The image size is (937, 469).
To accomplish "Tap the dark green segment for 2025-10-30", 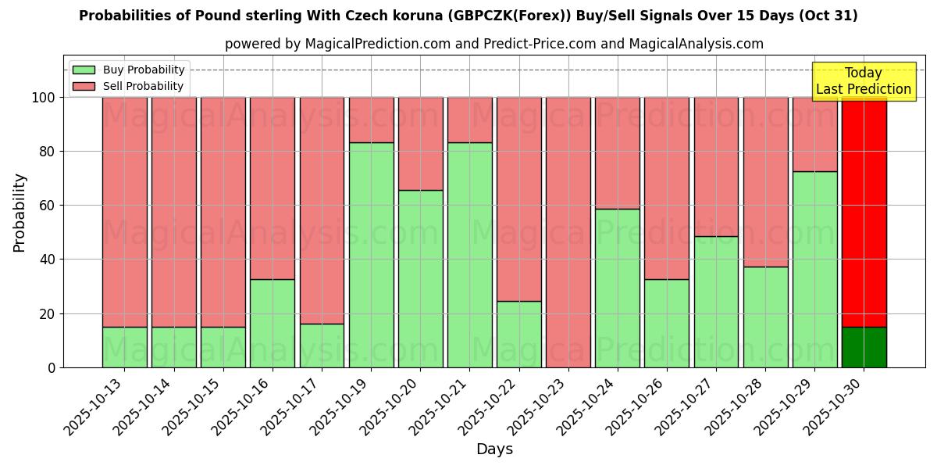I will (x=864, y=347).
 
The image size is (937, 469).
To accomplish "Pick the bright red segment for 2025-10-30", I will (x=864, y=212).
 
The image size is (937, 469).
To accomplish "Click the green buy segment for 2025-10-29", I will (x=814, y=269).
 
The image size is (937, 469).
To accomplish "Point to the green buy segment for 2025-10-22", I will (x=519, y=334).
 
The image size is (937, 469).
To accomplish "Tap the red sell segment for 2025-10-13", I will (x=125, y=212).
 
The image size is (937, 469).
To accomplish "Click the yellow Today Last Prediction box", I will (x=864, y=81).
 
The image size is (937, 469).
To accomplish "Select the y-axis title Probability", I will (x=20, y=213).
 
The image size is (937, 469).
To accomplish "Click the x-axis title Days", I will (x=494, y=449).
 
